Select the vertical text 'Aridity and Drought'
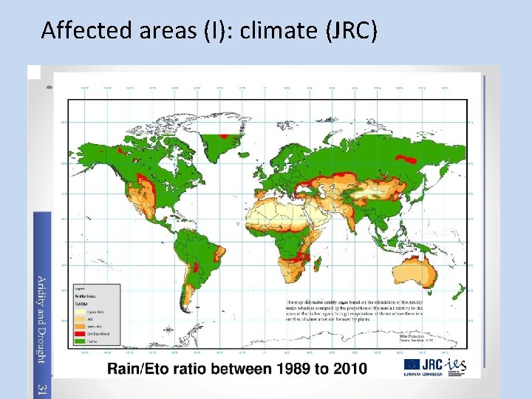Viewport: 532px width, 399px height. click(x=42, y=319)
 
